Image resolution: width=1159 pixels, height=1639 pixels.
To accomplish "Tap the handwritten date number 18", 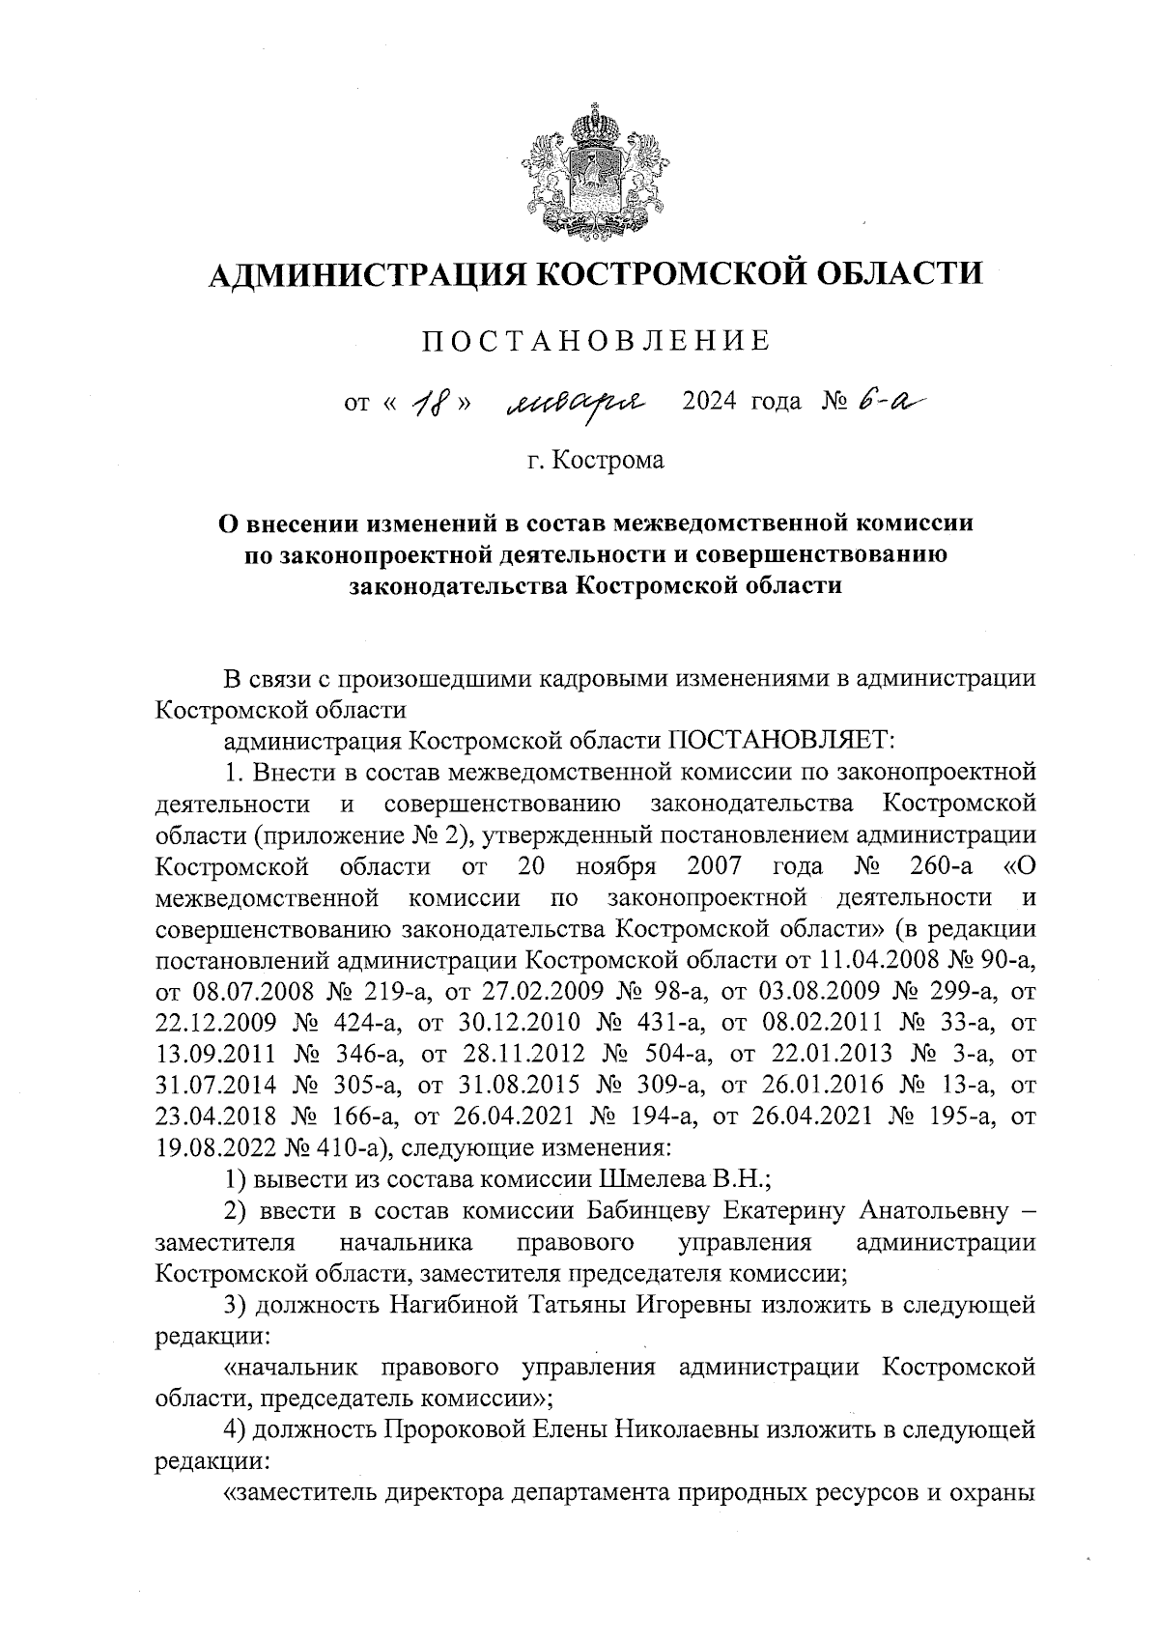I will (x=429, y=401).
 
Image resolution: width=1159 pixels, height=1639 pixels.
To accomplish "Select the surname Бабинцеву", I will (x=650, y=1210).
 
